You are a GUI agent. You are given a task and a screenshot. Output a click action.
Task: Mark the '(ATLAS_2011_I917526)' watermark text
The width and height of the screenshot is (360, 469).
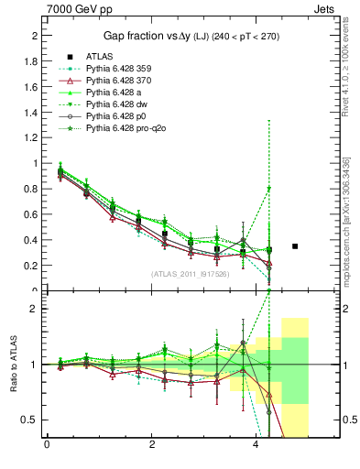coord(190,273)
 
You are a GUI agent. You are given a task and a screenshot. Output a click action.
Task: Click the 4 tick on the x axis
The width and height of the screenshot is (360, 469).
coord(256,446)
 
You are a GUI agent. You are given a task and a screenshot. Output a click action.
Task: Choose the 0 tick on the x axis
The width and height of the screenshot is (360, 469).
coord(47,446)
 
